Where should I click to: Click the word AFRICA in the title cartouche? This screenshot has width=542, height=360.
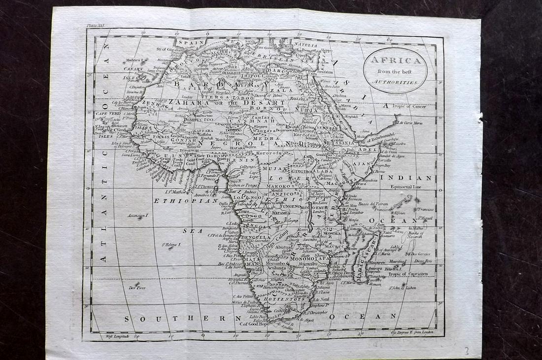tap(395, 61)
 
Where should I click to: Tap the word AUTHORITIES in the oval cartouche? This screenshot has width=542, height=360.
tap(395, 84)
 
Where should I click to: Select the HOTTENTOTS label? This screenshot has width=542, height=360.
tap(286, 299)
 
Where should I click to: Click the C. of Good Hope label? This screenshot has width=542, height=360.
tap(254, 324)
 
